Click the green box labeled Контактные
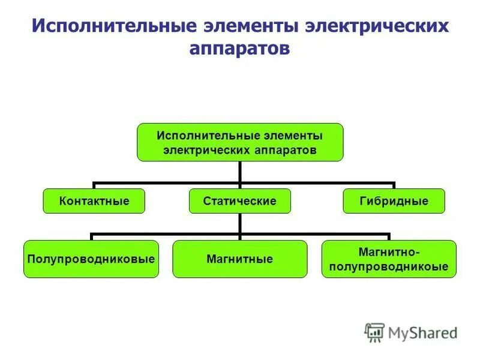[x=94, y=201]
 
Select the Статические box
[x=240, y=201]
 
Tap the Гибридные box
[x=394, y=201]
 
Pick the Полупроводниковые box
[x=91, y=259]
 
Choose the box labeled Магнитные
[x=240, y=259]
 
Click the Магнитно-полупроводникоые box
[x=389, y=259]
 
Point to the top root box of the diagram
[x=240, y=142]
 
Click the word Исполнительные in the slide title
[x=111, y=26]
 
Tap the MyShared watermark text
[x=424, y=332]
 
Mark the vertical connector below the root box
[x=240, y=172]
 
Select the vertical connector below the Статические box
[x=240, y=223]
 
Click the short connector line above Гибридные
[x=394, y=185]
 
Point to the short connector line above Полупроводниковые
[x=91, y=237]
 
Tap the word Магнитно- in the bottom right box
[x=389, y=252]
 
